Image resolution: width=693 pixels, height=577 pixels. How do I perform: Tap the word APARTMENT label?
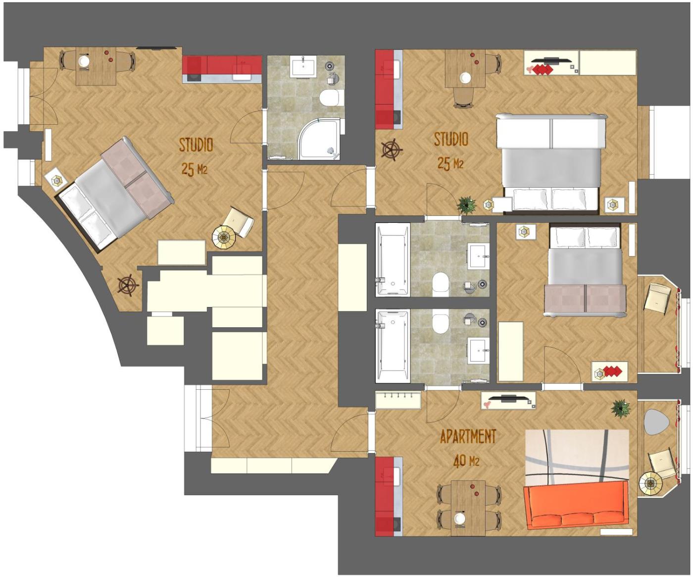[x=468, y=436]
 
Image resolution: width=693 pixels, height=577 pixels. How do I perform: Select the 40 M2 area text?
[x=466, y=461]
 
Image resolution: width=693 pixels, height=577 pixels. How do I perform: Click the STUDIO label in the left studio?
[x=196, y=145]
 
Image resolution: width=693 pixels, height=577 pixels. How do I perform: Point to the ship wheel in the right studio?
[x=392, y=150]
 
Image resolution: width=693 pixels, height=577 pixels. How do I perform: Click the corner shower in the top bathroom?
[x=319, y=140]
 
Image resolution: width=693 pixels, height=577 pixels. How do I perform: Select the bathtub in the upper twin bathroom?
[x=393, y=260]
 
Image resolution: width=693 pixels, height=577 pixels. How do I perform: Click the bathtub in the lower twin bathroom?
[x=393, y=346]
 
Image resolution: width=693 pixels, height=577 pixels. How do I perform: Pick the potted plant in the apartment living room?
[x=621, y=408]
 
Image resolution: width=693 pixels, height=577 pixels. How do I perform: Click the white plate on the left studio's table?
[x=83, y=61]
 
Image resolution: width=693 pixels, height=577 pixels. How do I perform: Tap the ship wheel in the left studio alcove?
[x=128, y=285]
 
